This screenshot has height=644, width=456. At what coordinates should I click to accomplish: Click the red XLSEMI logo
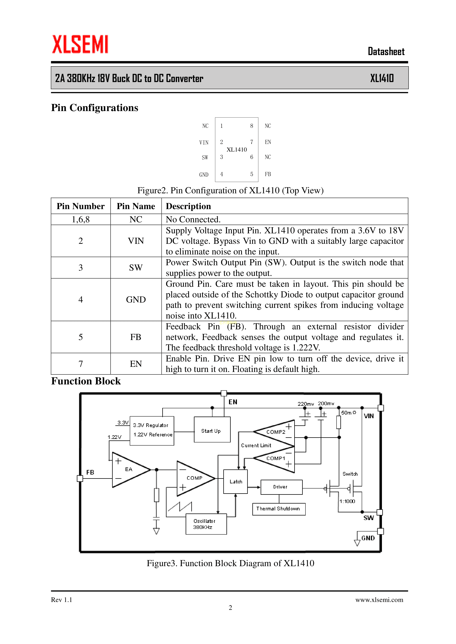tap(80, 44)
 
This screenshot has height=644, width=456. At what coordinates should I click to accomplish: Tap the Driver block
tap(281, 487)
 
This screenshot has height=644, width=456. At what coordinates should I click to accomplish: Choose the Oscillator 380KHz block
tap(206, 524)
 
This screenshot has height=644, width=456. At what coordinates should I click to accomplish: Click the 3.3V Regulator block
tap(152, 430)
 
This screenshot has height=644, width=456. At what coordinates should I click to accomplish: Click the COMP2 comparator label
tap(276, 432)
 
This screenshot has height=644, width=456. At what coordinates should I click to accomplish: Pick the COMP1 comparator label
tap(276, 458)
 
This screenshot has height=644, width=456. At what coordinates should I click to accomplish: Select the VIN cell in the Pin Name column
tap(136, 241)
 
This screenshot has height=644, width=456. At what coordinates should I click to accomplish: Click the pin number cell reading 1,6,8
tap(81, 219)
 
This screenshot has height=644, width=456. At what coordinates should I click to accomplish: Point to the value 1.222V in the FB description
tap(306, 348)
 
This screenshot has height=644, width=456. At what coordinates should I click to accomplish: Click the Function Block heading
tap(86, 381)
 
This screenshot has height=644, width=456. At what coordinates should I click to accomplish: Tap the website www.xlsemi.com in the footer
tap(379, 600)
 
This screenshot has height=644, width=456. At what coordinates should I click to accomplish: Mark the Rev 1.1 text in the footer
tap(62, 600)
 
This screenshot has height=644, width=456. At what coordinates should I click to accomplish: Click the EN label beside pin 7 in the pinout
tap(268, 142)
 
